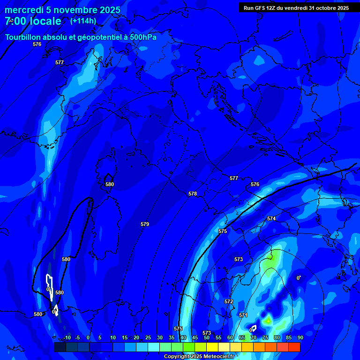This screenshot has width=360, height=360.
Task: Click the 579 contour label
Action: tap(145, 225)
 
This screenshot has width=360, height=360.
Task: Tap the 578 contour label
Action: tap(193, 194)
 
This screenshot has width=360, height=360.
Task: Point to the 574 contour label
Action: tap(271, 219)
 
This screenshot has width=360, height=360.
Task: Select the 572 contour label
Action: tap(229, 301)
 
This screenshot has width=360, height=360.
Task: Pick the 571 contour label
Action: tap(243, 315)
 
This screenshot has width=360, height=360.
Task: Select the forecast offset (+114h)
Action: tap(83, 21)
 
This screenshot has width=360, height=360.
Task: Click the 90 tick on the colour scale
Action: tap(300, 337)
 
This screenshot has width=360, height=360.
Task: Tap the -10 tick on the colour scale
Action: tap(67, 337)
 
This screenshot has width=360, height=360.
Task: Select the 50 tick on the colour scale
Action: tap(206, 337)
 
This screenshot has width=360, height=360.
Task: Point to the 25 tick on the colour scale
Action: tap(148, 337)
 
